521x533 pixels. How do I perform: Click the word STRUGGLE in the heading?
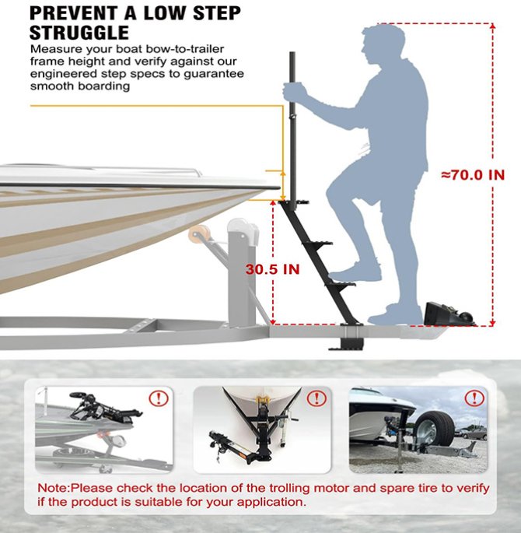click(x=79, y=33)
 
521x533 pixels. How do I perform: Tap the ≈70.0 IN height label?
click(x=473, y=175)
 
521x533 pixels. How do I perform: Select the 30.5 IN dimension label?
click(x=273, y=269)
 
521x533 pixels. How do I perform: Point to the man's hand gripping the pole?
click(x=294, y=92)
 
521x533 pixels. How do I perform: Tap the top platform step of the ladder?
click(x=294, y=203)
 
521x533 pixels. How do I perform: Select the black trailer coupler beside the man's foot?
click(x=449, y=314)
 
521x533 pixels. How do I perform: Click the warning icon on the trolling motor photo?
click(x=159, y=398)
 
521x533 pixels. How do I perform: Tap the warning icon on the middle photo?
click(x=316, y=398)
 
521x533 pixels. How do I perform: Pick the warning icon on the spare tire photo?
click(x=474, y=398)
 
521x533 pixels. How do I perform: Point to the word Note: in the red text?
click(x=54, y=488)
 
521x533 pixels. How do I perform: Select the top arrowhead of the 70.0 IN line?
click(x=493, y=26)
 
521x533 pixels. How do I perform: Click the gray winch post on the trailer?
click(x=242, y=272)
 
